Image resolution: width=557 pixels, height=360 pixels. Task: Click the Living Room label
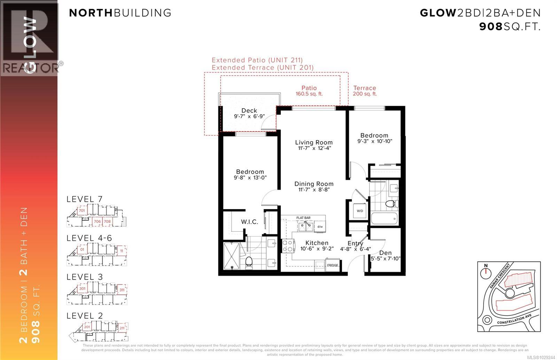[x=314, y=142]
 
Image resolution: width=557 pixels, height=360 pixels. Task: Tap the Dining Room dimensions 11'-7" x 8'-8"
[x=314, y=190]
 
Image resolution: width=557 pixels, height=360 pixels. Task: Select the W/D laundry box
[x=360, y=211]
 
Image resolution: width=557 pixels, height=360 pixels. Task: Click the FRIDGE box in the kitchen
[x=332, y=265]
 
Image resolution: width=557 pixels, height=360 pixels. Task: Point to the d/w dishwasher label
[x=320, y=227]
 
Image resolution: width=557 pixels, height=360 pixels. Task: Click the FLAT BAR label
[x=303, y=218]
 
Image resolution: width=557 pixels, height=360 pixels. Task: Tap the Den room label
[x=385, y=253]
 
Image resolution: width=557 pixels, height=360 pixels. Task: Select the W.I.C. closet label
[x=249, y=222]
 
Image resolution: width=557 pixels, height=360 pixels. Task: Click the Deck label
[x=249, y=111]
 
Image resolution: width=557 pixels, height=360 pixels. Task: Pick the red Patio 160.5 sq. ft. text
[x=309, y=91]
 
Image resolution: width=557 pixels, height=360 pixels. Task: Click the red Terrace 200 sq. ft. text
[x=364, y=91]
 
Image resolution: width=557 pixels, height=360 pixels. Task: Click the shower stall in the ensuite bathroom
[x=232, y=256]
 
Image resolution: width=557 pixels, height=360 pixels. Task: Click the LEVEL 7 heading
[x=85, y=199]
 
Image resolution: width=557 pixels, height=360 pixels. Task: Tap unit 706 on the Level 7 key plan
[x=97, y=221]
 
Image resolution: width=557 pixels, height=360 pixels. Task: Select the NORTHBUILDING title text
[x=120, y=13]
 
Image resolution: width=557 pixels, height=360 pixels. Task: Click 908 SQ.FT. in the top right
[x=510, y=26]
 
